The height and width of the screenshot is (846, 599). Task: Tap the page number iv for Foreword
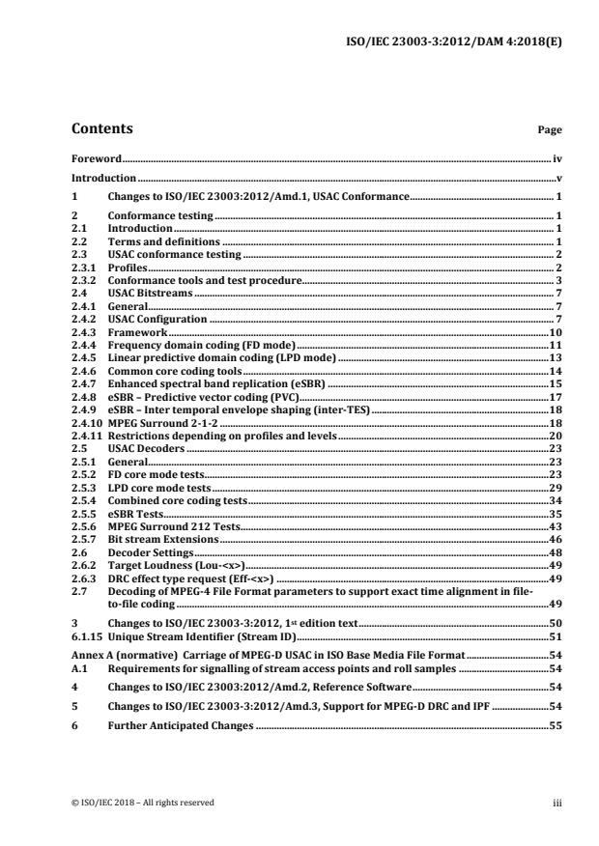pyautogui.click(x=557, y=157)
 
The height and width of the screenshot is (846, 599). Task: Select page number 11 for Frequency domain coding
pyautogui.click(x=556, y=345)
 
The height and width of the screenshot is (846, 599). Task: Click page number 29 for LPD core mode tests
pyautogui.click(x=556, y=488)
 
